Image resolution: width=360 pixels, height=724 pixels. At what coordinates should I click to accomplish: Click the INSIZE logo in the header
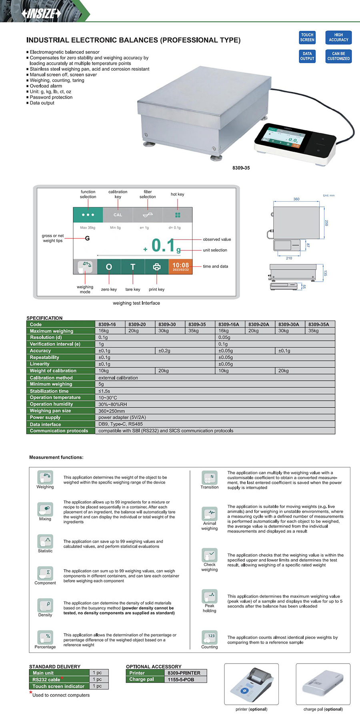[41, 13]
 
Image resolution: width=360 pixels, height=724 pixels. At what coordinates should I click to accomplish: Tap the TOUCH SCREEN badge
[307, 37]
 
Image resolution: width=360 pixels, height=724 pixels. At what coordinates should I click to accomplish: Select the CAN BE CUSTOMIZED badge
[338, 56]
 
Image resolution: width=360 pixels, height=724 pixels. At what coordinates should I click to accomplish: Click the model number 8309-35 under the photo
[241, 168]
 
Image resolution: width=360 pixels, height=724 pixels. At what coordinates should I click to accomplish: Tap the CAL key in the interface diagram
[118, 215]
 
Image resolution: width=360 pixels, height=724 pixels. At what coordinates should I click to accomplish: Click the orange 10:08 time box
[180, 266]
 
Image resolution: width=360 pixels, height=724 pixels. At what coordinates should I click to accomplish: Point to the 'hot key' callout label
[177, 194]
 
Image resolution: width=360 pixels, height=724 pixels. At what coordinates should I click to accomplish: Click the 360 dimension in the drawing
[296, 199]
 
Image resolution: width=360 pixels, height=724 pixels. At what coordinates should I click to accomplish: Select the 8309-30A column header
[288, 324]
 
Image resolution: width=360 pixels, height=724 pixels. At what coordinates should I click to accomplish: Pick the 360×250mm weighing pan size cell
[112, 411]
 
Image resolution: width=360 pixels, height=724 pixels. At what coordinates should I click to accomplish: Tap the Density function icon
[45, 605]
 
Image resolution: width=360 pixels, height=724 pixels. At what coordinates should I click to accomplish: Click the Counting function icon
[210, 637]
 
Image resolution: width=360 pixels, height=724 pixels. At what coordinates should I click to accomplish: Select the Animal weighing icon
[210, 513]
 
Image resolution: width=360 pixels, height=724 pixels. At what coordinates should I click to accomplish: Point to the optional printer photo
[251, 684]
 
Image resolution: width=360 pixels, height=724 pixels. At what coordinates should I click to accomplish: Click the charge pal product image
[323, 684]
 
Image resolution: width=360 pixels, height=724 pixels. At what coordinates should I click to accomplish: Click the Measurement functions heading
[56, 457]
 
